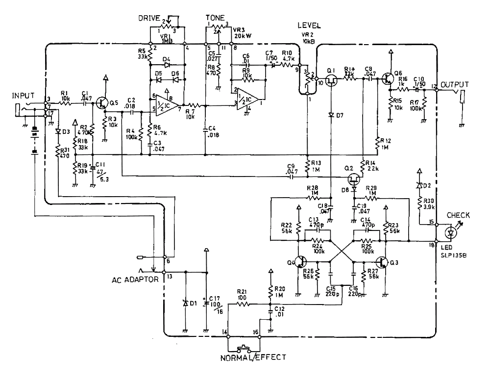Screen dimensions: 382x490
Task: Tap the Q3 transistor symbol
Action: (382, 261)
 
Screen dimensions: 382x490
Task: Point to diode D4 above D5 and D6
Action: (167, 64)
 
